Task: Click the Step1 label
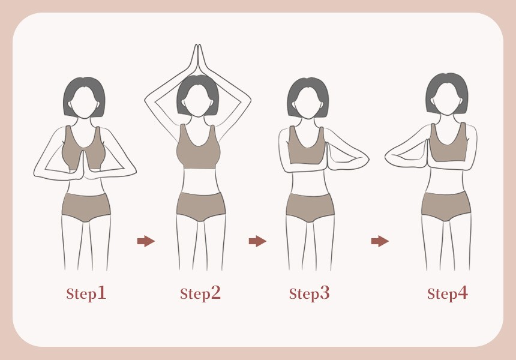(86, 293)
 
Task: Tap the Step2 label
(200, 293)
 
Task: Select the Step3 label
(309, 293)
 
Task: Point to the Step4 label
(447, 293)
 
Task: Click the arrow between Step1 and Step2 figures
(146, 241)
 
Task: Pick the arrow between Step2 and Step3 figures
(257, 241)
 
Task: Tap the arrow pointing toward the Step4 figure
(380, 241)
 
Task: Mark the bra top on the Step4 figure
(449, 145)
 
